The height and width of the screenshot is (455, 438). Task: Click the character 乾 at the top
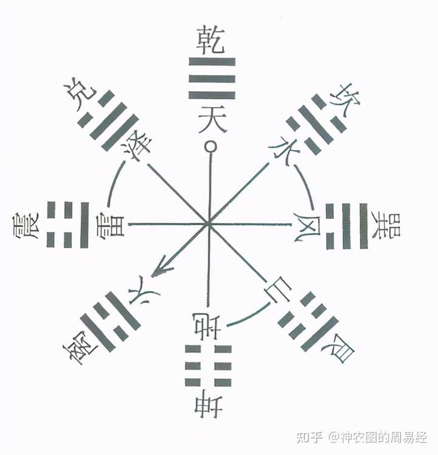click(x=210, y=40)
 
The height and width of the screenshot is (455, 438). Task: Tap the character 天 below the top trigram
click(x=212, y=119)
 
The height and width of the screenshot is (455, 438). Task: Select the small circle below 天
click(x=210, y=147)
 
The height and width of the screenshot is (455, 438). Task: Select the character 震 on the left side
click(x=26, y=226)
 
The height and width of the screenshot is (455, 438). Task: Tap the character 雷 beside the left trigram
click(x=112, y=225)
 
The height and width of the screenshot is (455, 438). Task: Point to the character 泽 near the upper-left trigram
click(x=137, y=145)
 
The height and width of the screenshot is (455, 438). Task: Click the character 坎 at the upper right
click(x=345, y=100)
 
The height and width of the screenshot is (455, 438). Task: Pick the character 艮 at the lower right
click(x=339, y=348)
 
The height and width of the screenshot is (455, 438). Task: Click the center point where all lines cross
click(x=208, y=224)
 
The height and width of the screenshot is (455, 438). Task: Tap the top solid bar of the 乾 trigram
click(x=212, y=62)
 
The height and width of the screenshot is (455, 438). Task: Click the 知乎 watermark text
click(x=310, y=437)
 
